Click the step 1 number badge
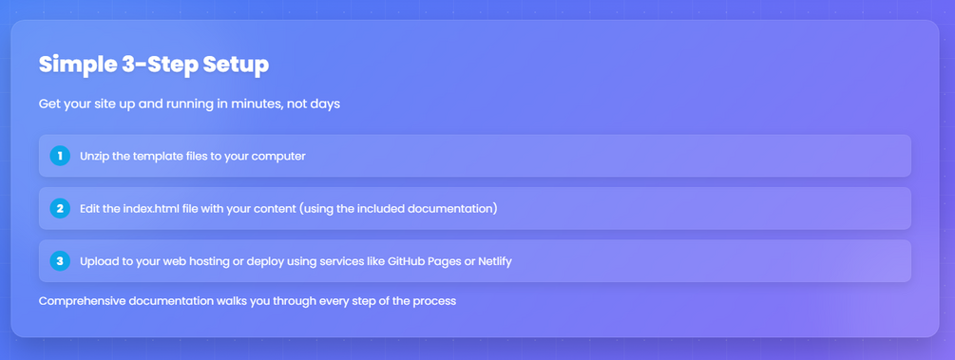[60, 156]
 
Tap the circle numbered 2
[60, 208]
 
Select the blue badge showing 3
[60, 261]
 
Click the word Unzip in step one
[93, 157]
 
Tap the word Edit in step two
[89, 209]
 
